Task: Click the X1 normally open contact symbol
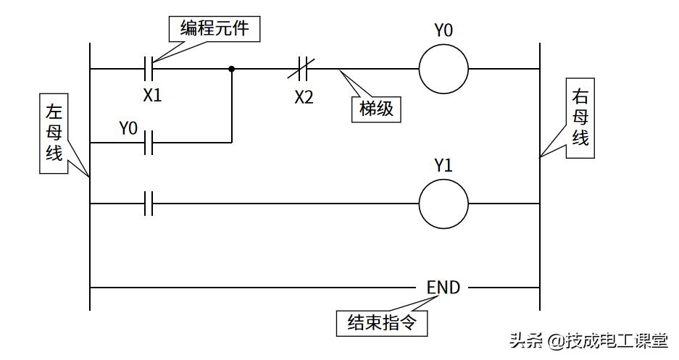point(149,70)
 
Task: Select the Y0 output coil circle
point(443,70)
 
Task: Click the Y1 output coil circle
point(443,204)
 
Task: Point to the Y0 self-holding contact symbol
point(149,143)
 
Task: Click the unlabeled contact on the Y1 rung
point(149,204)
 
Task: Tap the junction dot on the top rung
point(232,70)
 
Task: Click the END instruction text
point(443,288)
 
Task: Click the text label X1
point(151,95)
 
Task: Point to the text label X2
point(304,97)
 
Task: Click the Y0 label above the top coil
point(443,30)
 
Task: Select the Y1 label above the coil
point(443,165)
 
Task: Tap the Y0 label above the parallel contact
point(128,128)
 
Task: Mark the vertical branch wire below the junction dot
point(232,109)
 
